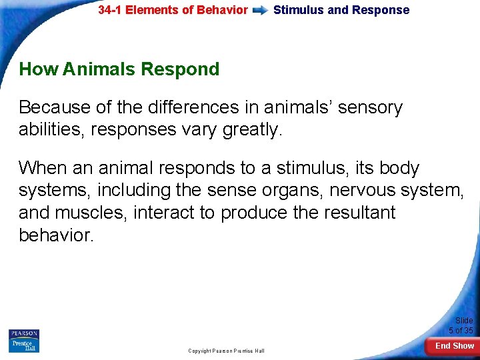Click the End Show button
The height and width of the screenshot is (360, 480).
pyautogui.click(x=454, y=346)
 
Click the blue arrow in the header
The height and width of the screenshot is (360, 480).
pyautogui.click(x=261, y=11)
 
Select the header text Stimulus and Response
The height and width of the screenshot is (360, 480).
pyautogui.click(x=341, y=10)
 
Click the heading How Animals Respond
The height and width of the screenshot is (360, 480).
pyautogui.click(x=119, y=69)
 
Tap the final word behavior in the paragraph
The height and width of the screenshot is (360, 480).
pyautogui.click(x=57, y=235)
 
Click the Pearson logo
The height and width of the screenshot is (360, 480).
pyautogui.click(x=24, y=333)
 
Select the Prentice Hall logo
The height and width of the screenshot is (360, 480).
pyautogui.click(x=24, y=345)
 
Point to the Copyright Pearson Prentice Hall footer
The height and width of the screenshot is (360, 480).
pyautogui.click(x=226, y=351)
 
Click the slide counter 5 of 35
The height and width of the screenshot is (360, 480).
pyautogui.click(x=461, y=331)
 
